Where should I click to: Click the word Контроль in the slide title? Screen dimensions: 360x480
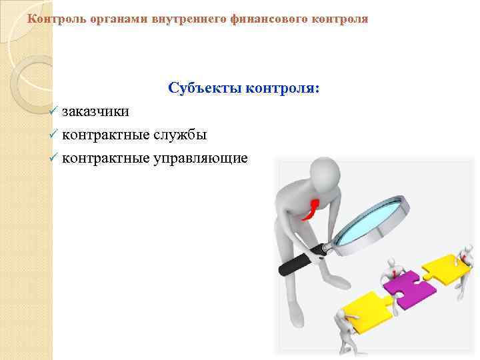click(51, 19)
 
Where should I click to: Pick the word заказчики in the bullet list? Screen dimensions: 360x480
click(96, 111)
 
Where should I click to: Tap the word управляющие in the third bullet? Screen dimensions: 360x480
click(201, 158)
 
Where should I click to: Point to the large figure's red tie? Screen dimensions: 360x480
click(310, 209)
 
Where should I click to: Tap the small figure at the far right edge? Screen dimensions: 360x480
click(467, 257)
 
